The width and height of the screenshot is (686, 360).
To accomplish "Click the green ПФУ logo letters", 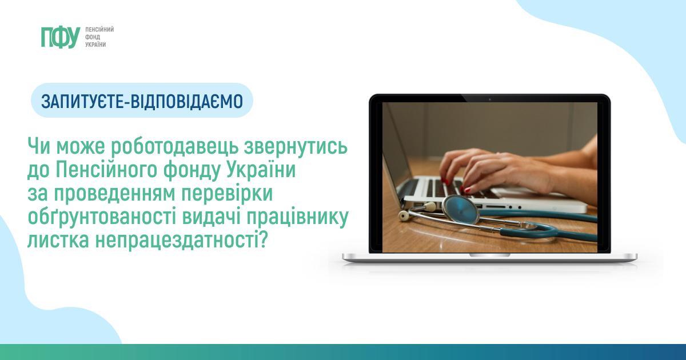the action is tap(61, 37).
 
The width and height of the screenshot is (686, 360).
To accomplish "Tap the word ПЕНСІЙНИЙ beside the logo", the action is tap(99, 30).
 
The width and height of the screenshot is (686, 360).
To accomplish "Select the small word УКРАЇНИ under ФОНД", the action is tap(95, 45).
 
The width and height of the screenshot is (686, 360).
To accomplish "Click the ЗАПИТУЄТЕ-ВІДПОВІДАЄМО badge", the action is tap(142, 101).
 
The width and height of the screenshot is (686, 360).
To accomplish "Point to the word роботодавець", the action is tap(174, 147).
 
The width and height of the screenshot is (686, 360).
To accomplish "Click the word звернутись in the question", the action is tap(296, 147).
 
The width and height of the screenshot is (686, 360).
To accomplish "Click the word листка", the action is tap(58, 241).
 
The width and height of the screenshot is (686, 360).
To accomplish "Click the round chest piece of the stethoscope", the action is tap(461, 210).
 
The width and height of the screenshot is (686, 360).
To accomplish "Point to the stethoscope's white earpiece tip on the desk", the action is tap(404, 216).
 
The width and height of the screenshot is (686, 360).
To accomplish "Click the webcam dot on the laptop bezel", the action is tap(490, 99).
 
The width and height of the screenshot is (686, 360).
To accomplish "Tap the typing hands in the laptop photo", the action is tap(505, 171).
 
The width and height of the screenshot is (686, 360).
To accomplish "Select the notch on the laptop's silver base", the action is tap(490, 255).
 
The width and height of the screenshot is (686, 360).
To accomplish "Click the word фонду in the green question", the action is tap(192, 170).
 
